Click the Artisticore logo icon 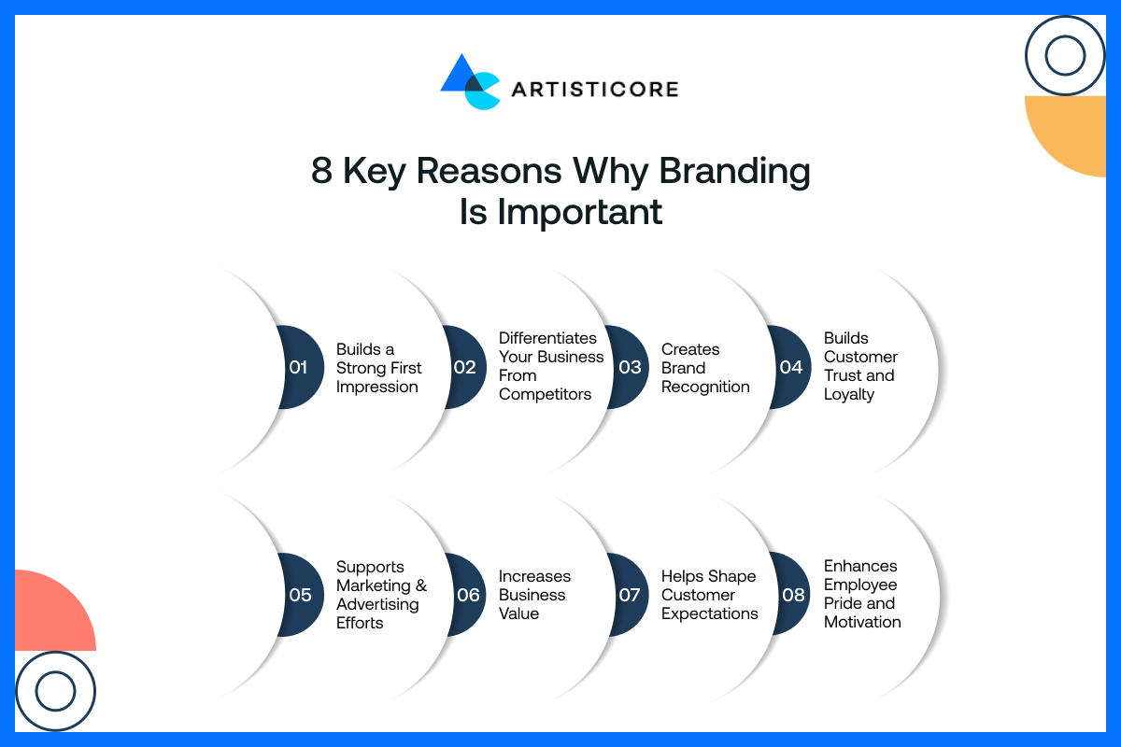point(470,83)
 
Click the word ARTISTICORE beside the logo point(594,90)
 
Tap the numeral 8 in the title point(321,172)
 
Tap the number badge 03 point(629,367)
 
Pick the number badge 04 point(790,367)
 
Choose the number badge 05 point(300,595)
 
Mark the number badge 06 point(466,595)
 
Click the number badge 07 point(629,595)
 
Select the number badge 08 point(791,595)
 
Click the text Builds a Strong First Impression point(378,368)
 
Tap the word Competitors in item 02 point(545,394)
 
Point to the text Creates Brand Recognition point(704,368)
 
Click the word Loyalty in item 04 point(849,394)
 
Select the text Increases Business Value point(534,595)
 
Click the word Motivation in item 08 point(862,622)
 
